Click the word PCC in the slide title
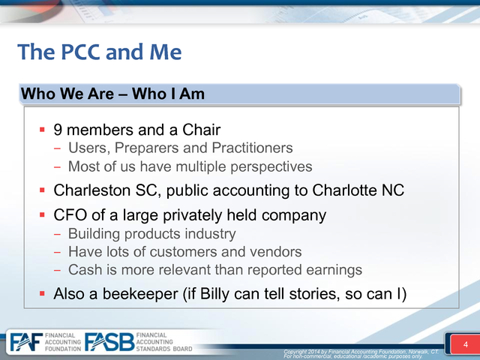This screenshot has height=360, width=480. tap(80, 52)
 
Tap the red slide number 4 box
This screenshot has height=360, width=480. tap(465, 344)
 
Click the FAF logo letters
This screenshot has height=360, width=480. tap(26, 342)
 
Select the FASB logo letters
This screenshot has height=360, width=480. tap(109, 342)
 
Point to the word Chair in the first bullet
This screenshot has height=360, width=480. tap(202, 130)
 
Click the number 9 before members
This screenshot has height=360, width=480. tap(58, 130)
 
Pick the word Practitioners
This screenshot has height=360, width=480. tap(252, 148)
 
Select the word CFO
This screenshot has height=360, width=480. tap(70, 215)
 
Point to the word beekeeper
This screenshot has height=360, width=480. tap(140, 293)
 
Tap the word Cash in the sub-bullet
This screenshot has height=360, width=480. tap(81, 270)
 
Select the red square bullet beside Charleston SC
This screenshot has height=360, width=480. tap(42, 190)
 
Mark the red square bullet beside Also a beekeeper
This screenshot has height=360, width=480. tap(42, 294)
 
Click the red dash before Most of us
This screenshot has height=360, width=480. tap(57, 167)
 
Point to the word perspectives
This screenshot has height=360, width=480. tap(271, 167)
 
